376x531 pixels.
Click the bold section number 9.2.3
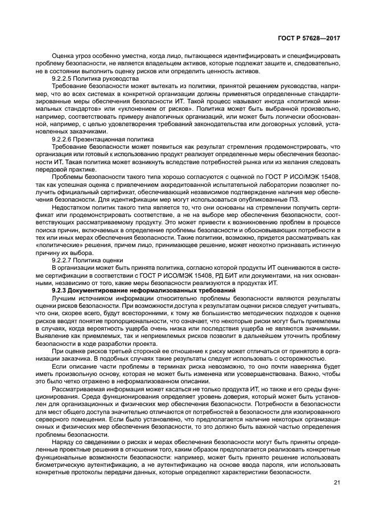(60, 290)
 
